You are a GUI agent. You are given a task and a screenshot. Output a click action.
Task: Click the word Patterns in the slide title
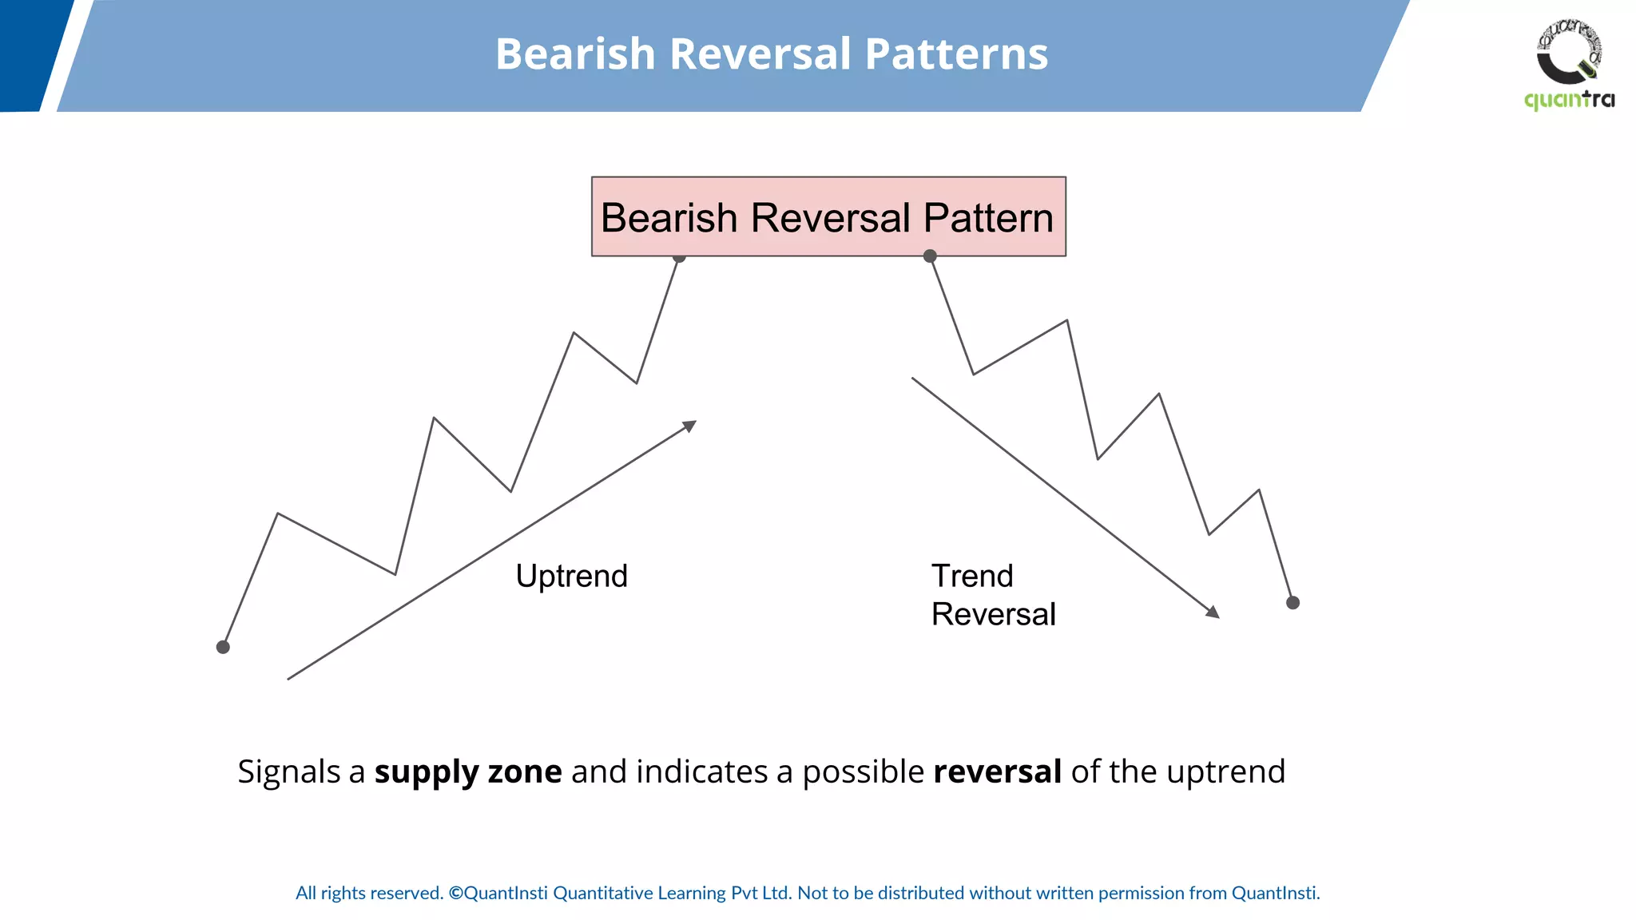[x=955, y=54]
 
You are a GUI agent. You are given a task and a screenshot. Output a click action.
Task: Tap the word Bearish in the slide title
[x=575, y=54]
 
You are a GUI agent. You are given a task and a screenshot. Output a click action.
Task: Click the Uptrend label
[x=571, y=576]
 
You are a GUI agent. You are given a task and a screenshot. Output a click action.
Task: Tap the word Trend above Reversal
[x=972, y=576]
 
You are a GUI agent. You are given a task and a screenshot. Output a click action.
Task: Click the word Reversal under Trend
[x=993, y=614]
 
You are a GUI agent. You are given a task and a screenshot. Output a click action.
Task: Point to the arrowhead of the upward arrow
[x=690, y=426]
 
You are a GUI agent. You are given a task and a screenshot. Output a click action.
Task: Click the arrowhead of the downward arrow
[x=1213, y=613]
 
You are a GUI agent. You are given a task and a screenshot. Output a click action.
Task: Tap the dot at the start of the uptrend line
[x=223, y=647]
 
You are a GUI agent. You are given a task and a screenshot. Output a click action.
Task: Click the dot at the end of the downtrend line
[x=1293, y=603]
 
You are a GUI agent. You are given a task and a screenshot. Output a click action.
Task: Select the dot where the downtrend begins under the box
[x=930, y=256]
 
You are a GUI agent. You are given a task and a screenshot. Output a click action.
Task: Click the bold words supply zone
[x=468, y=771]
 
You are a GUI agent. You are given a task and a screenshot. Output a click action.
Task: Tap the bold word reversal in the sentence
[x=997, y=771]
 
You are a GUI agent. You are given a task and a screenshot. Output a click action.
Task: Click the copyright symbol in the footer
[x=455, y=893]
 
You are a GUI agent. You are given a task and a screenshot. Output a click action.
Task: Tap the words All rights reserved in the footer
[x=369, y=893]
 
